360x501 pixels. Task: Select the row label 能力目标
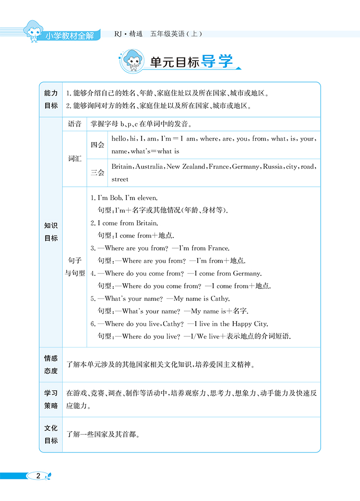click(x=51, y=99)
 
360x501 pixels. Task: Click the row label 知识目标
click(x=51, y=232)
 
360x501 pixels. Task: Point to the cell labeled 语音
click(x=75, y=124)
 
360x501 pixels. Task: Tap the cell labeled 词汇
click(x=75, y=158)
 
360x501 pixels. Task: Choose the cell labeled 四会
click(x=97, y=145)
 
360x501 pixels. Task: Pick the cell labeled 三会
click(x=97, y=173)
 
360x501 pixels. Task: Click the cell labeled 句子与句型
click(x=75, y=266)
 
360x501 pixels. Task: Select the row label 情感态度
click(x=51, y=365)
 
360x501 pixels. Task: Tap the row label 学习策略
click(x=51, y=399)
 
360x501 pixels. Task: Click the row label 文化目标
click(x=51, y=434)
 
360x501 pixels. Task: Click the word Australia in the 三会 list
click(x=149, y=167)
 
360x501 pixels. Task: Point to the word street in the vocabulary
click(x=120, y=179)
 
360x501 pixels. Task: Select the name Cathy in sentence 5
click(x=220, y=298)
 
